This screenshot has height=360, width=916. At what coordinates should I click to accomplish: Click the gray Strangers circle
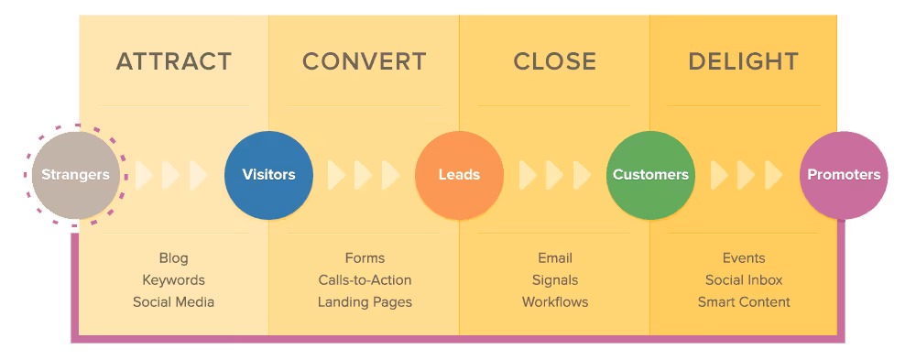tap(75, 174)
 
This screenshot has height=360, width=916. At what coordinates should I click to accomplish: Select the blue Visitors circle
tap(268, 174)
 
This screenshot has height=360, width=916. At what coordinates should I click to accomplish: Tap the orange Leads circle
tap(459, 174)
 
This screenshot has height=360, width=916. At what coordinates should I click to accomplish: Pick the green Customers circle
tap(650, 174)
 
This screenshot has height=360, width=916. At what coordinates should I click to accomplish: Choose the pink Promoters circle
tap(843, 174)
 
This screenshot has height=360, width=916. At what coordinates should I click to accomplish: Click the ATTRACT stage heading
tap(173, 62)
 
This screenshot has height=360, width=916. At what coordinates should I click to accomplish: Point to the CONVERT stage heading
tap(364, 62)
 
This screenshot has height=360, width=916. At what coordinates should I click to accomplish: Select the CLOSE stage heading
tap(554, 62)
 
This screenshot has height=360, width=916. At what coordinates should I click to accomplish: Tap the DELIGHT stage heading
tap(743, 62)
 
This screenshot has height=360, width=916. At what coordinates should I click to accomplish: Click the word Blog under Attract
tap(173, 258)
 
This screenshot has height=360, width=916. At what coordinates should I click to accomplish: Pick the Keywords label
tap(173, 280)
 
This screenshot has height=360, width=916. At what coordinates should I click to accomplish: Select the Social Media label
tap(173, 302)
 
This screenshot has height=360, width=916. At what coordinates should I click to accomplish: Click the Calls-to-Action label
tap(365, 280)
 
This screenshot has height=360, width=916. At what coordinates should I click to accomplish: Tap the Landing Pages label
tap(365, 302)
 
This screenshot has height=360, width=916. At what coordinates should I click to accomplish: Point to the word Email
tap(555, 258)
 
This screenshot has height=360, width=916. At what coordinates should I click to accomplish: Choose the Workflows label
tap(555, 302)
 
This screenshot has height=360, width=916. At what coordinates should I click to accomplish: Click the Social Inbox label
tap(744, 280)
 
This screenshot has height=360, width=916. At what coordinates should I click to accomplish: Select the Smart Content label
tap(744, 302)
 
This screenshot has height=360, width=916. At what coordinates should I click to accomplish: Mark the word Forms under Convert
tap(365, 258)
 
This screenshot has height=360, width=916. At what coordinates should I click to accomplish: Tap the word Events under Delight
tap(744, 258)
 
